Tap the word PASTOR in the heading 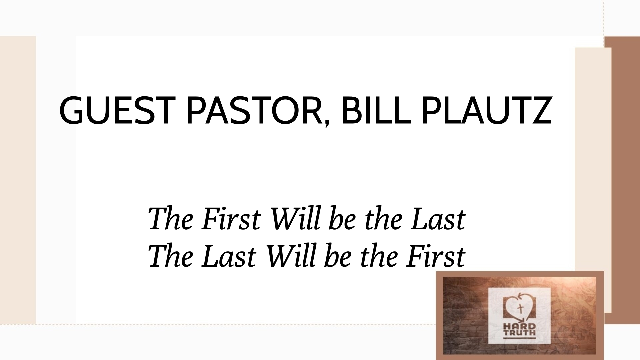point(255,111)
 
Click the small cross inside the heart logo point(519,308)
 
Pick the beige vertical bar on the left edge point(18,180)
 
